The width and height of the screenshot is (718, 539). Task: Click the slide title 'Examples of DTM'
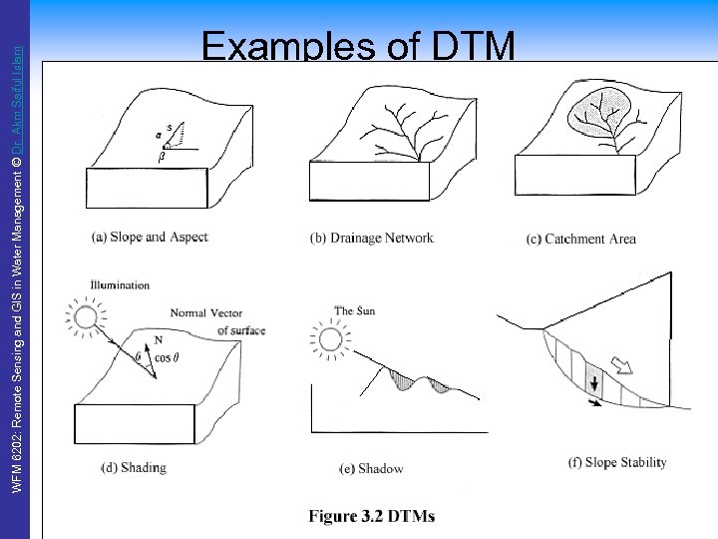point(358,46)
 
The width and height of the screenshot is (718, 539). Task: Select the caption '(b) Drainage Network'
point(372,238)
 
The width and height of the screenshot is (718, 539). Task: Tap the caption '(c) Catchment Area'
point(580,239)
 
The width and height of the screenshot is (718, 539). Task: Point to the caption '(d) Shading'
point(134,467)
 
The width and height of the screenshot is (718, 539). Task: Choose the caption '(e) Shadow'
point(371,468)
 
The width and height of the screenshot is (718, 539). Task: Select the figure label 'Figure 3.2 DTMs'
point(372,516)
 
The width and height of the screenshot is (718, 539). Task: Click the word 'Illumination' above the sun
point(119,284)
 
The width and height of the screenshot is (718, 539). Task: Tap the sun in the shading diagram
point(84,318)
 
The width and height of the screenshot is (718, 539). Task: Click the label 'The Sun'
point(355,311)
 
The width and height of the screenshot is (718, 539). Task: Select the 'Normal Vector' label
point(206,313)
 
